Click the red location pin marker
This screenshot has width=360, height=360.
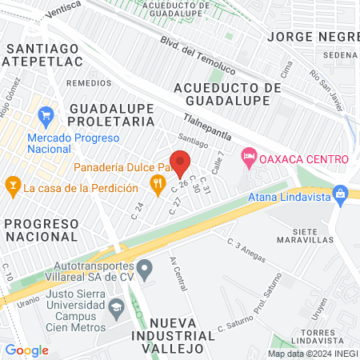click(x=181, y=164)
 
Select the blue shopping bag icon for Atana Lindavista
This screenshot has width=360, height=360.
click(x=341, y=193)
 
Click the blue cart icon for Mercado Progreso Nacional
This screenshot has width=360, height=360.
click(x=46, y=115)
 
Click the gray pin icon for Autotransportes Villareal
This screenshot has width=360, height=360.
click(x=145, y=268)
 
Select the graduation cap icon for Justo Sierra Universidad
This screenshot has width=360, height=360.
click(x=117, y=306)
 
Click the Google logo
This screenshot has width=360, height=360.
click(x=27, y=350)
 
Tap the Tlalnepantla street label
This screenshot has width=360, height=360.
click(x=206, y=126)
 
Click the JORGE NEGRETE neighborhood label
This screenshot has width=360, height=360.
click(x=312, y=37)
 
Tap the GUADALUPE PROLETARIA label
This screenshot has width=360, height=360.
click(x=110, y=114)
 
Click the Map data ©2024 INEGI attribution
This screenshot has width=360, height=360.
click(x=311, y=354)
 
